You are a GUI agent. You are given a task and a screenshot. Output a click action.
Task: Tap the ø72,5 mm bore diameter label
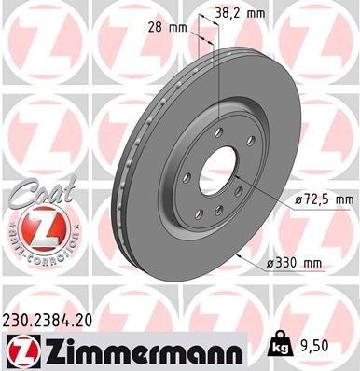(x=321, y=199)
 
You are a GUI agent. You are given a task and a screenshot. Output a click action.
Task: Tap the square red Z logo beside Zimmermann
(x=21, y=351)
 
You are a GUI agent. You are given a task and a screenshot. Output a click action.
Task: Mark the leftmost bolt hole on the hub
(x=187, y=177)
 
